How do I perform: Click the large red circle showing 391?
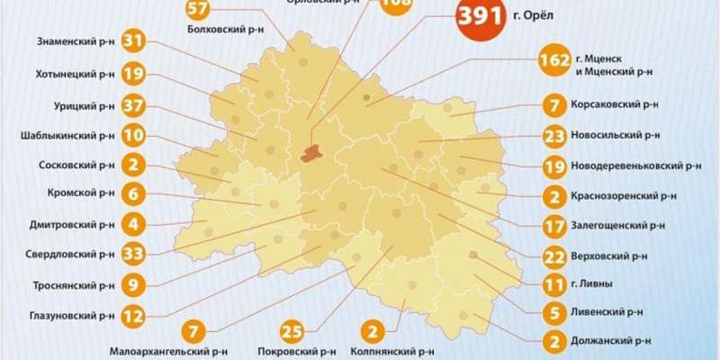pyautogui.click(x=481, y=19)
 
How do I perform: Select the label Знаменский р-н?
pyautogui.click(x=76, y=41)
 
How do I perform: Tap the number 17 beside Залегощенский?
pyautogui.click(x=553, y=225)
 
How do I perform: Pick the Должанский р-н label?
pyautogui.click(x=610, y=341)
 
